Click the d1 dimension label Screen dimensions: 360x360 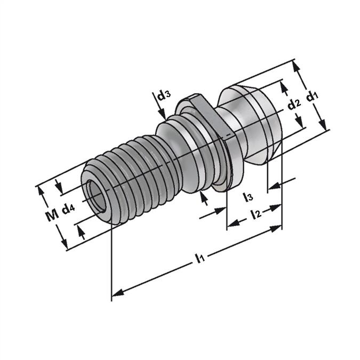tap(312, 96)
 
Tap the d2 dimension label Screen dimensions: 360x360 tap(294, 105)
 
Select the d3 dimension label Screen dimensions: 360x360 tap(164, 96)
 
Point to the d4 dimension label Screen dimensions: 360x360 tap(68, 209)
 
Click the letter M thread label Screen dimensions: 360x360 tap(52, 216)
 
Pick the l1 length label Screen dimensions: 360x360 tap(200, 258)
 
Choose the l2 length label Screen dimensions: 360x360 tap(257, 214)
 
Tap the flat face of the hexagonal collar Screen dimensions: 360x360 tap(211, 115)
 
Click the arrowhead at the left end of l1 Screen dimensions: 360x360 tap(117, 293)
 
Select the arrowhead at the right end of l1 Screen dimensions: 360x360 tap(276, 229)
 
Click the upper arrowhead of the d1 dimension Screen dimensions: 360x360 tap(296, 66)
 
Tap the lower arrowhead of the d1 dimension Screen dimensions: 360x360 tap(323, 124)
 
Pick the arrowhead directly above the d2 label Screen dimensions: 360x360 tap(284, 87)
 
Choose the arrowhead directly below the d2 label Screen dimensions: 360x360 tap(299, 121)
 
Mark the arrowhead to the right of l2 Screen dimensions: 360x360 tap(275, 207)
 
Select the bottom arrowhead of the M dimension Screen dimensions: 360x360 tap(65, 243)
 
